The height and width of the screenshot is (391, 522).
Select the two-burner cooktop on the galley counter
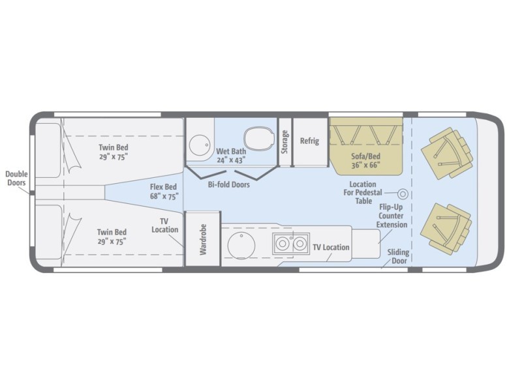click(291, 243)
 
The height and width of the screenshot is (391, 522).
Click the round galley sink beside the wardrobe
click(241, 246)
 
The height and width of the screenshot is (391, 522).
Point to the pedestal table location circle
click(403, 194)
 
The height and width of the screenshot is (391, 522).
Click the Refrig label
click(309, 141)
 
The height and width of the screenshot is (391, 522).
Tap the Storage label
click(284, 142)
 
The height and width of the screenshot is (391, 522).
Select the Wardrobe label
click(203, 239)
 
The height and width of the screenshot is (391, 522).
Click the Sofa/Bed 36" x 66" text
click(366, 160)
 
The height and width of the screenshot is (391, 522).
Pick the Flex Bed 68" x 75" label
click(164, 192)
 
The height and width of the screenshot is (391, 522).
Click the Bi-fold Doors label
click(229, 184)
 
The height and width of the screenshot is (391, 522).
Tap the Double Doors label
click(17, 178)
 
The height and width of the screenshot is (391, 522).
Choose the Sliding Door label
click(399, 256)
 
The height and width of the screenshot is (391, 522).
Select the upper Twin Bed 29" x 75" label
click(114, 152)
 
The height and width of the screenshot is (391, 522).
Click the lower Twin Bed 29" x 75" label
click(112, 237)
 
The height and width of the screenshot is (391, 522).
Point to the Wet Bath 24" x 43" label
click(231, 156)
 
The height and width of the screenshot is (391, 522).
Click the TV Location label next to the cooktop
click(331, 248)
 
